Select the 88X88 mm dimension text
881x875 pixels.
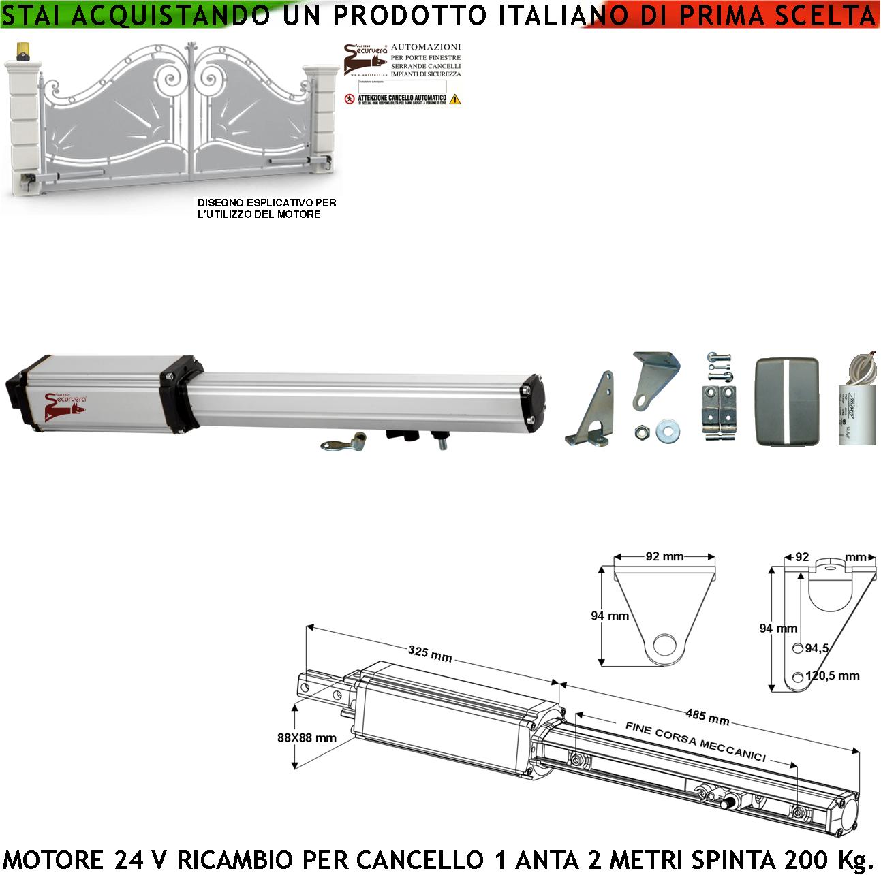pos(307,737)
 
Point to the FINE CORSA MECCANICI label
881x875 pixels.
pos(695,742)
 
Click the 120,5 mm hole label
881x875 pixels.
pos(832,676)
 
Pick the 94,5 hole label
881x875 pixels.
pos(816,648)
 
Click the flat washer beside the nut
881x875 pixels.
pos(666,431)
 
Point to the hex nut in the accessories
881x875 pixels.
pos(641,431)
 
